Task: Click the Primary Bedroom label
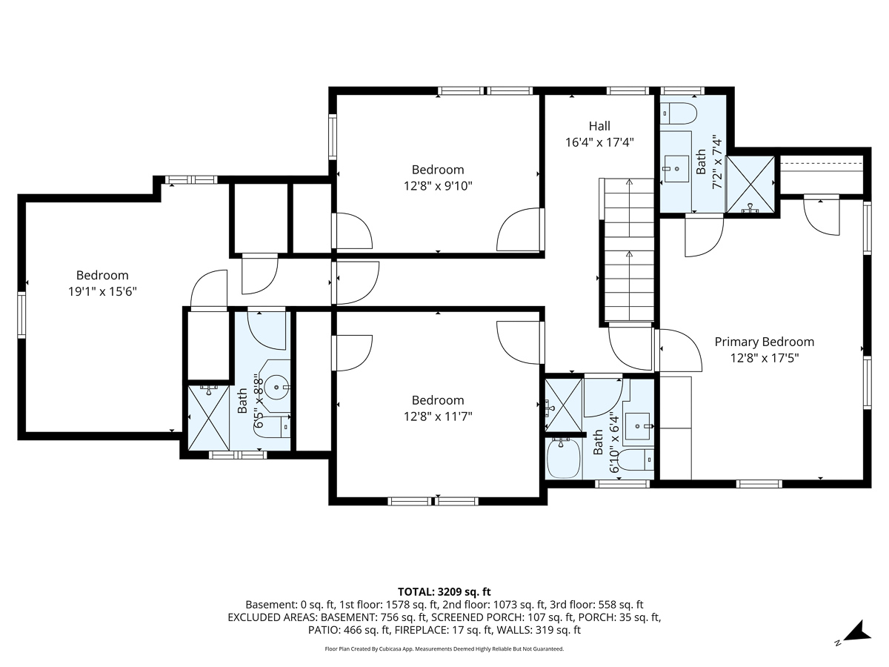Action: [x=765, y=342]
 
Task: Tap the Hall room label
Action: [x=599, y=126]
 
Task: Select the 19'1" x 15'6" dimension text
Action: [x=102, y=291]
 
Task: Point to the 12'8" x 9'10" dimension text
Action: [x=438, y=186]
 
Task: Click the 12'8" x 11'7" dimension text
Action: [x=438, y=417]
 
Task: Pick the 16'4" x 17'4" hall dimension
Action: [x=599, y=142]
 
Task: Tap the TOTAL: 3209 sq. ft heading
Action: [x=444, y=592]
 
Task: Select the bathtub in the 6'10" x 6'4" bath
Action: [x=563, y=459]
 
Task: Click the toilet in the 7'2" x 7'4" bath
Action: [x=678, y=113]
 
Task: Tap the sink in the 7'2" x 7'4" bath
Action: [x=676, y=169]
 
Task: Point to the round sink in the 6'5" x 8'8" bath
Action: [x=276, y=388]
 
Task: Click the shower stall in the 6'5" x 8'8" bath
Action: [x=209, y=417]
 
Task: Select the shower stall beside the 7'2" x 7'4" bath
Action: [x=751, y=185]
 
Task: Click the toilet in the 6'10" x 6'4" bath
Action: [x=637, y=459]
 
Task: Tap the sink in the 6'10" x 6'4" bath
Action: [x=638, y=426]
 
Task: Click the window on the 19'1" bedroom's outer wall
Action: [x=21, y=315]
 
